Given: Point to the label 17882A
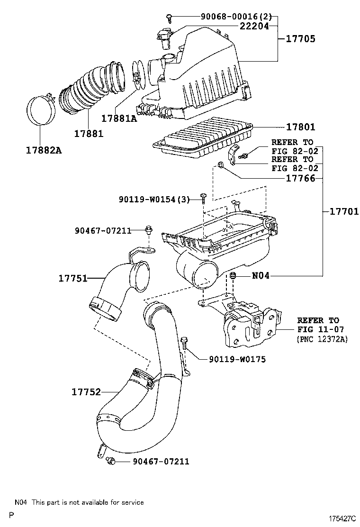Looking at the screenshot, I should click(44, 151).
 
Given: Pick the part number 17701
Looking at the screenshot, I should click(341, 212).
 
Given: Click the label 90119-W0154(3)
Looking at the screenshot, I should click(154, 200).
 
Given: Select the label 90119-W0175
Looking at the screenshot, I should click(237, 359).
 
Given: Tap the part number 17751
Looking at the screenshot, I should click(73, 279).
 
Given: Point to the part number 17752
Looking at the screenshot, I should click(86, 392).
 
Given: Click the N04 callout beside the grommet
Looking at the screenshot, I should click(261, 275).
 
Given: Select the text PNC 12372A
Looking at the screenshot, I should click(322, 339).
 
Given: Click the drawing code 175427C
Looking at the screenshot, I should click(342, 519).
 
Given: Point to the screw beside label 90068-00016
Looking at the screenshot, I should click(169, 18).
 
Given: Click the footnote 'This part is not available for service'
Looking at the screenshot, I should click(87, 502).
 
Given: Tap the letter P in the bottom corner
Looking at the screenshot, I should click(10, 515).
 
